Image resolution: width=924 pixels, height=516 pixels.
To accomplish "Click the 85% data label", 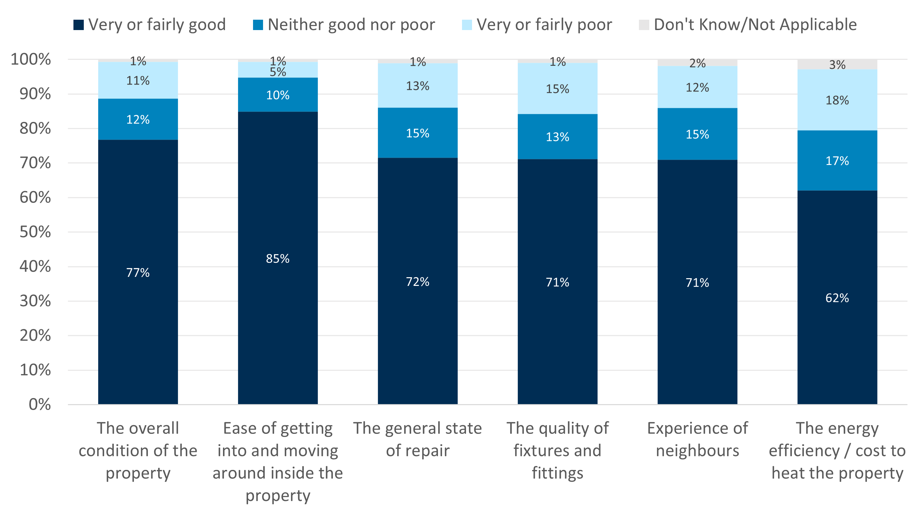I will (278, 259).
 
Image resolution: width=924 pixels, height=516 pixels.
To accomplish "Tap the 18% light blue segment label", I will (837, 101).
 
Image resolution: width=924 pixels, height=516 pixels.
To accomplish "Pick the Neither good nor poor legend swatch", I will (258, 25).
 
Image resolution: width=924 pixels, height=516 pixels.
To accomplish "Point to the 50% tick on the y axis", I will (35, 232).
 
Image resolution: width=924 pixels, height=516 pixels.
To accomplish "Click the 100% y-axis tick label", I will (31, 59).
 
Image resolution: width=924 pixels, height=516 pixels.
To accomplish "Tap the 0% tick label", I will (39, 405).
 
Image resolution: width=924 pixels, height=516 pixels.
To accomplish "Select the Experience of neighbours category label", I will (697, 439).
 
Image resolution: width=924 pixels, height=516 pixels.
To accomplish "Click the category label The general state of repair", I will (418, 439).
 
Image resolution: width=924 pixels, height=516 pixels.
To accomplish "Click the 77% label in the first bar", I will (138, 273).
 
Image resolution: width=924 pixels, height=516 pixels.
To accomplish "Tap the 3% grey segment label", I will (837, 65).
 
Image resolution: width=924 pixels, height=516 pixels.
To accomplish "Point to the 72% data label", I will (418, 282).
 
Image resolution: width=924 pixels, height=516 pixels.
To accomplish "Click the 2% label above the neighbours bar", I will (697, 63).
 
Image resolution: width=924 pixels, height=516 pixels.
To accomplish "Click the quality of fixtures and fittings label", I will (557, 450).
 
